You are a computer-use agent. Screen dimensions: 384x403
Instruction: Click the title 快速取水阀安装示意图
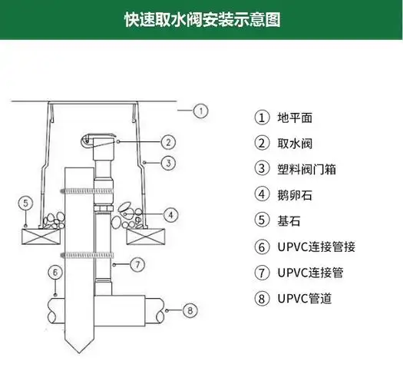point(201,19)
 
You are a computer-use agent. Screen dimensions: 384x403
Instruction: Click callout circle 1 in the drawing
point(200,111)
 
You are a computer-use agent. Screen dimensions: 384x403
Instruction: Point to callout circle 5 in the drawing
point(26,204)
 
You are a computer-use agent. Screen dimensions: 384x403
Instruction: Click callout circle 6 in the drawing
point(55,271)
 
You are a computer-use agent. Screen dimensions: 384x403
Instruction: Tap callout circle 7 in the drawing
point(135,263)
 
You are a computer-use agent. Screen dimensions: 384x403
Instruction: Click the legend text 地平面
point(296,118)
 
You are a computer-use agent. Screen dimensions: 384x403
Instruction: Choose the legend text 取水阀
point(296,143)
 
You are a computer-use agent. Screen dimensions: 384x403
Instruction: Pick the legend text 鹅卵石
point(296,195)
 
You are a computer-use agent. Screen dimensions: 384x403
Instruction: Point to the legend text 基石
point(291,221)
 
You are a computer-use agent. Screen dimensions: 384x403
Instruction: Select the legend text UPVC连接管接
point(316,247)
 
